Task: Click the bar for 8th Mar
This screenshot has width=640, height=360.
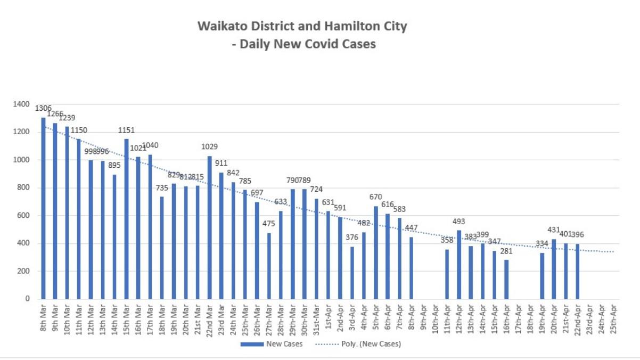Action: [43, 208]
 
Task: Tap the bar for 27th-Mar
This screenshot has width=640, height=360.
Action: [269, 266]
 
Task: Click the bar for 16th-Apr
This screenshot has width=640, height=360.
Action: [506, 279]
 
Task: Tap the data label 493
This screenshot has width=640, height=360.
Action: [459, 221]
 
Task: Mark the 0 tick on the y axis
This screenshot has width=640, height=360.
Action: [27, 299]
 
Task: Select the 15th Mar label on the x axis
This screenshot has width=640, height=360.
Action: [127, 318]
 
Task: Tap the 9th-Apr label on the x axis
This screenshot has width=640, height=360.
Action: [424, 318]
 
